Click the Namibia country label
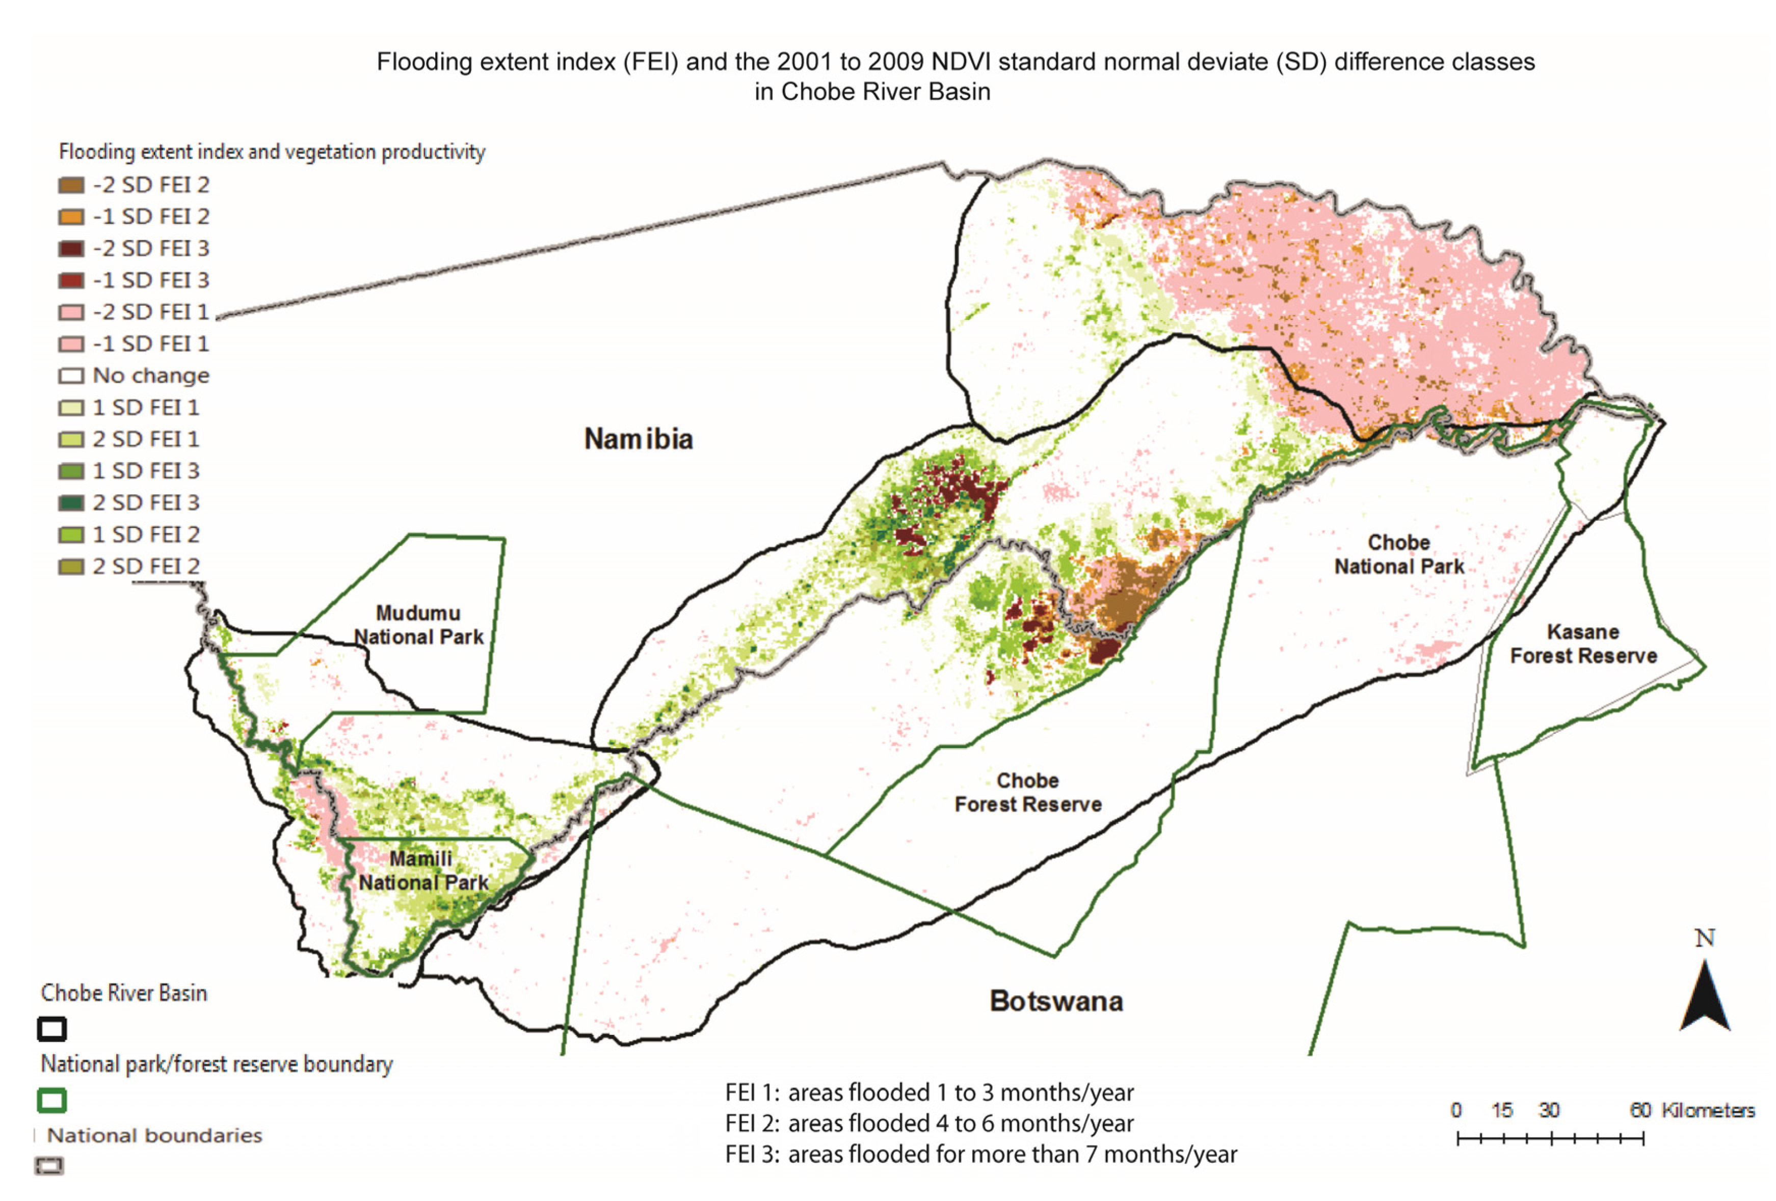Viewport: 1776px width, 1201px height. [x=638, y=439]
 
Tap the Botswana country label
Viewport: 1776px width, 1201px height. [x=1056, y=1001]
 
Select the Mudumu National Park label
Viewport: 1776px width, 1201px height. [x=418, y=625]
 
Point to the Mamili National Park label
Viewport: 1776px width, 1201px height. [x=422, y=871]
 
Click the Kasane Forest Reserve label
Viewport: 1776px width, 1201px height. [x=1583, y=644]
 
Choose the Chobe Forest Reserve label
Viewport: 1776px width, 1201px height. [x=1028, y=792]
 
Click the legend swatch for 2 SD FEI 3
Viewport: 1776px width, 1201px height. [x=71, y=503]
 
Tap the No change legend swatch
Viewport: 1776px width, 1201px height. [x=71, y=376]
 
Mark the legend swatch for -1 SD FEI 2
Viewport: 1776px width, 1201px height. [x=71, y=217]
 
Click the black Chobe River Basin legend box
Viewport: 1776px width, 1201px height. [x=52, y=1029]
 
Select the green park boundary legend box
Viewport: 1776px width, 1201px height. [x=52, y=1100]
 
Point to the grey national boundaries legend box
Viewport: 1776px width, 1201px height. [x=49, y=1165]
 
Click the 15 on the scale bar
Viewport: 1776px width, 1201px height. [x=1502, y=1110]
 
